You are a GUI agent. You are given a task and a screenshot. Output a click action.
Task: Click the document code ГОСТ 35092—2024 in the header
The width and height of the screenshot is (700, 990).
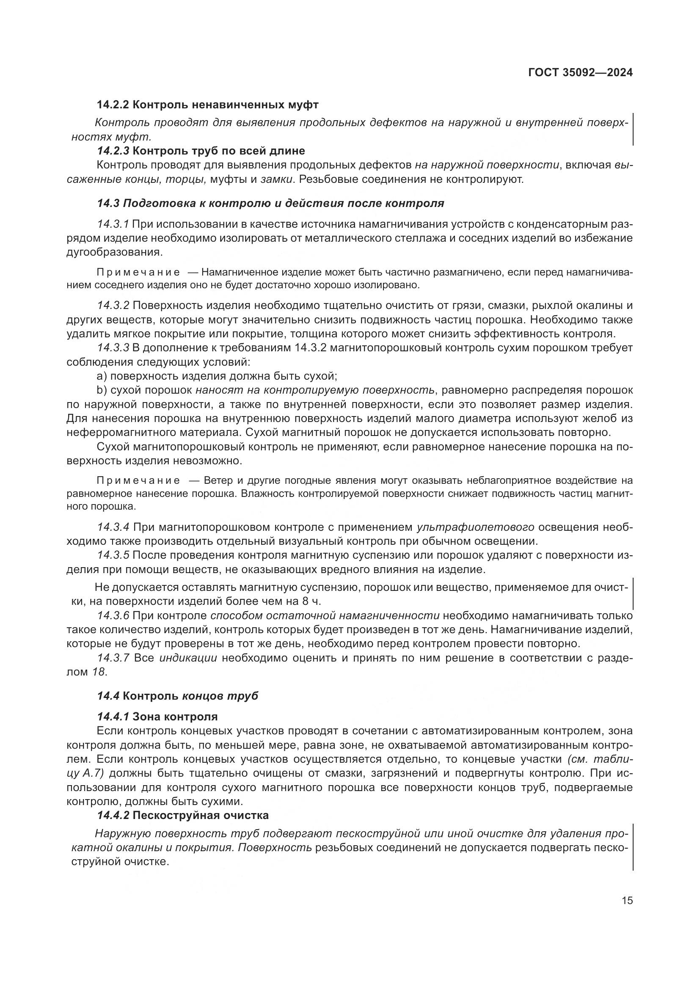click(x=580, y=72)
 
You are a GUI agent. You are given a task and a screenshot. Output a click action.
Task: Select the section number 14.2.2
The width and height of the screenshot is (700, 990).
click(x=113, y=105)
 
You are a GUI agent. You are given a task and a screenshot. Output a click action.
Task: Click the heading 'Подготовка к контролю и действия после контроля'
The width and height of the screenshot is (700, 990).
click(x=283, y=203)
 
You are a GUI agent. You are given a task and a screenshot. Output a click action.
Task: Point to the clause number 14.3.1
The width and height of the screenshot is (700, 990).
click(x=113, y=224)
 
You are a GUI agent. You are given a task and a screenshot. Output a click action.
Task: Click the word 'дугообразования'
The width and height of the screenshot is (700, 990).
click(x=114, y=252)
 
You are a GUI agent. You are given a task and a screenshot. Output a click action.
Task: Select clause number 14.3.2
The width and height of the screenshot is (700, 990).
click(x=113, y=306)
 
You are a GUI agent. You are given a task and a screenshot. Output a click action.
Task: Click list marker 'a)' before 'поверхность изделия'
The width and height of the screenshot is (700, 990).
click(x=102, y=376)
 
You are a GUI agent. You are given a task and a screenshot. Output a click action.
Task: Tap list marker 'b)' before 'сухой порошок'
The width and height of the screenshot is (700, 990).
click(x=102, y=390)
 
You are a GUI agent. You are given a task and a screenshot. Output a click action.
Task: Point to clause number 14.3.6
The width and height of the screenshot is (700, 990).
click(x=113, y=615)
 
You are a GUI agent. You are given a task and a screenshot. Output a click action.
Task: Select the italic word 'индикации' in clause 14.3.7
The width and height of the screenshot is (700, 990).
click(x=188, y=658)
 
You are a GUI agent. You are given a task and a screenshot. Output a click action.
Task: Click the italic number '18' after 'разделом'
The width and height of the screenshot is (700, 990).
click(x=98, y=672)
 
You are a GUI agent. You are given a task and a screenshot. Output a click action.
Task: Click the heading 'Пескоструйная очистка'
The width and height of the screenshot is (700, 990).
click(x=201, y=815)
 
